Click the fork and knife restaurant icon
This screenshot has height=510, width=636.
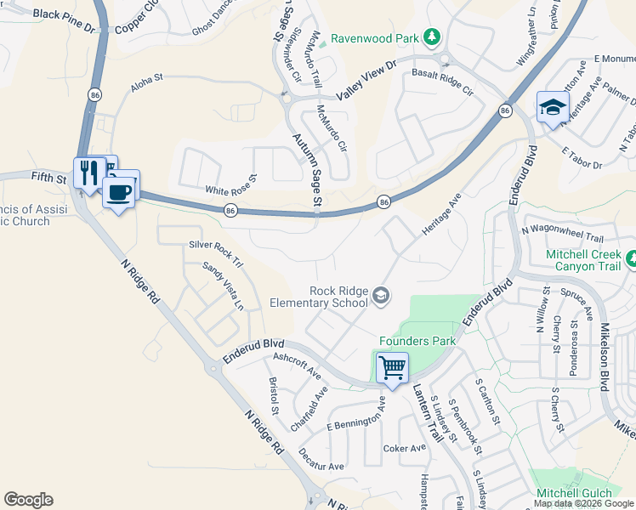88,173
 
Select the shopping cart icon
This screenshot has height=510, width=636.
392,368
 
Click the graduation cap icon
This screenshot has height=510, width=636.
553,108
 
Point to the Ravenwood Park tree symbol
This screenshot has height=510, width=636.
432,37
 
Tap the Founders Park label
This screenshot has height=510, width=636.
417,341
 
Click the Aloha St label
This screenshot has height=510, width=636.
146,87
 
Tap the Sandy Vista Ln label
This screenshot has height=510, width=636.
223,286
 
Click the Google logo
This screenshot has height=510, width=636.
28,499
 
